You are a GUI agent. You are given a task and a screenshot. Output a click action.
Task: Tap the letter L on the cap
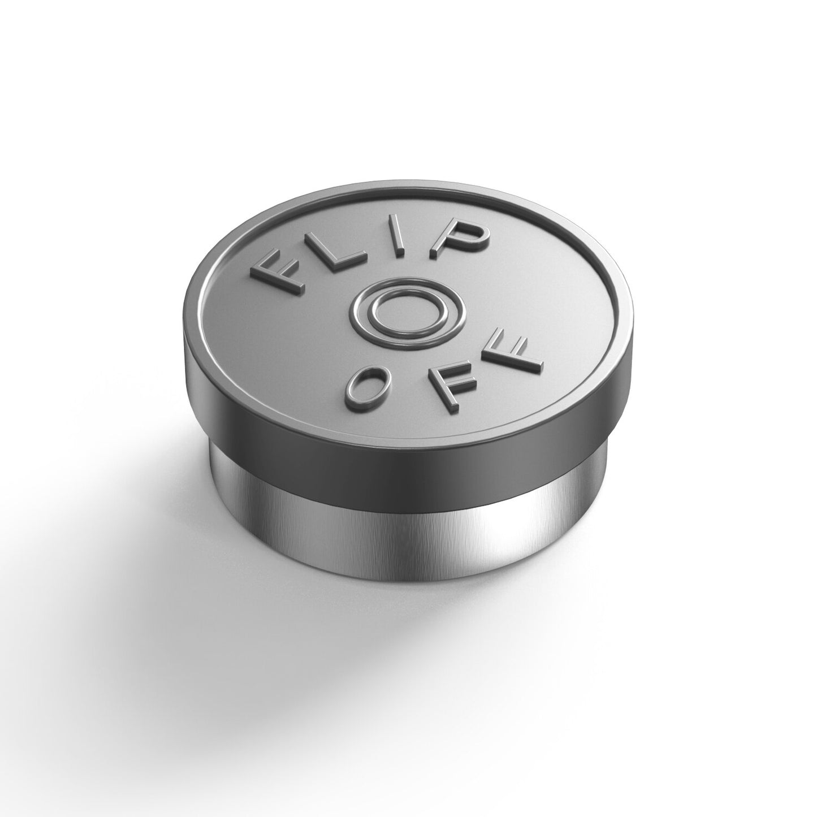point(339,254)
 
